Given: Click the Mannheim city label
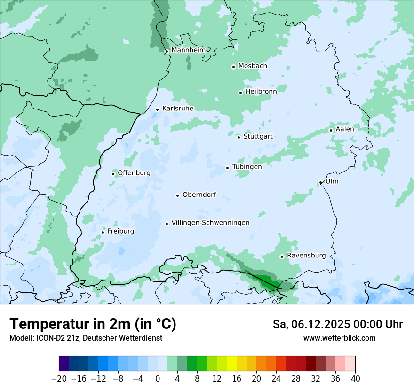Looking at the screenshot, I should coord(189,50).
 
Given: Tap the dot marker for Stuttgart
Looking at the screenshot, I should coord(239,137).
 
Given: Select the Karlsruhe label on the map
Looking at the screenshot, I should coord(177,109).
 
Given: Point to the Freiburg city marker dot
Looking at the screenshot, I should coord(103,232).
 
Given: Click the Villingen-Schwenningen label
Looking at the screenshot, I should coord(210,223).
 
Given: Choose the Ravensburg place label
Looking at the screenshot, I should coord(306,256).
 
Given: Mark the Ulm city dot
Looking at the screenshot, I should coord(320,183).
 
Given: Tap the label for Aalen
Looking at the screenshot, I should coord(345,129).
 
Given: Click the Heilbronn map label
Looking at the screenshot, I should coord(261,91).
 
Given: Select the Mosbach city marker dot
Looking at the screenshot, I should coord(233,67).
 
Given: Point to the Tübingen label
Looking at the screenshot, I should coord(247,167).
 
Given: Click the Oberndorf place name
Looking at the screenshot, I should coord(199,195).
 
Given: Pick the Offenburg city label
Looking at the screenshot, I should coord(134,173).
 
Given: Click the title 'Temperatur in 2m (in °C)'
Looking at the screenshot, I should coord(93,324).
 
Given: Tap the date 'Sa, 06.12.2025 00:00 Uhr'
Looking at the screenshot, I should coord(337,324).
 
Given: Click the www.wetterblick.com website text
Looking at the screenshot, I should coord(339,338).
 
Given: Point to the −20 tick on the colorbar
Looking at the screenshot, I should coord(59,378).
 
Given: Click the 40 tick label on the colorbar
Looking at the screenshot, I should coord(355,378).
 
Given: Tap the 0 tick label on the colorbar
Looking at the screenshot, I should coord(158,378).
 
